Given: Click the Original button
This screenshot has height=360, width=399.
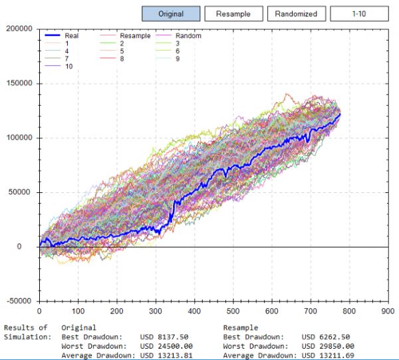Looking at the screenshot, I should [171, 14].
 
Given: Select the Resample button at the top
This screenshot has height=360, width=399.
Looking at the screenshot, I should [233, 14].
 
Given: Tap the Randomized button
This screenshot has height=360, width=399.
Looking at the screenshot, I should [296, 14].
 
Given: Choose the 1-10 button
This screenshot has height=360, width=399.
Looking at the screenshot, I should [359, 14].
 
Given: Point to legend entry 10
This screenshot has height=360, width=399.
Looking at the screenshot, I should [69, 67].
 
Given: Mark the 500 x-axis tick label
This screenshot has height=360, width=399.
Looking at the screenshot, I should [233, 311].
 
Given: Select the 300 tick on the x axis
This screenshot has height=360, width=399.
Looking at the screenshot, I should [156, 311].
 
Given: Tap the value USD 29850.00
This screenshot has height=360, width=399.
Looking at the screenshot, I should [327, 346].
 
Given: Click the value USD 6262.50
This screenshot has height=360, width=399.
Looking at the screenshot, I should [327, 337].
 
